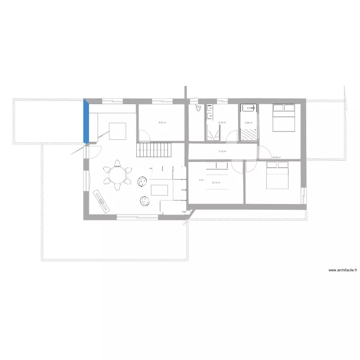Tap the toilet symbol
197,108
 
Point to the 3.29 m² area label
248,122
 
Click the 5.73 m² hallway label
222,152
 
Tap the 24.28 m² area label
276,157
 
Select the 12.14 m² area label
216,183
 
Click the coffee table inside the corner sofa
160,190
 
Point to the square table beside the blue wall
118,131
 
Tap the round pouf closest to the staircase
142,181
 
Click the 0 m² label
201,180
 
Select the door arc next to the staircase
146,136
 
